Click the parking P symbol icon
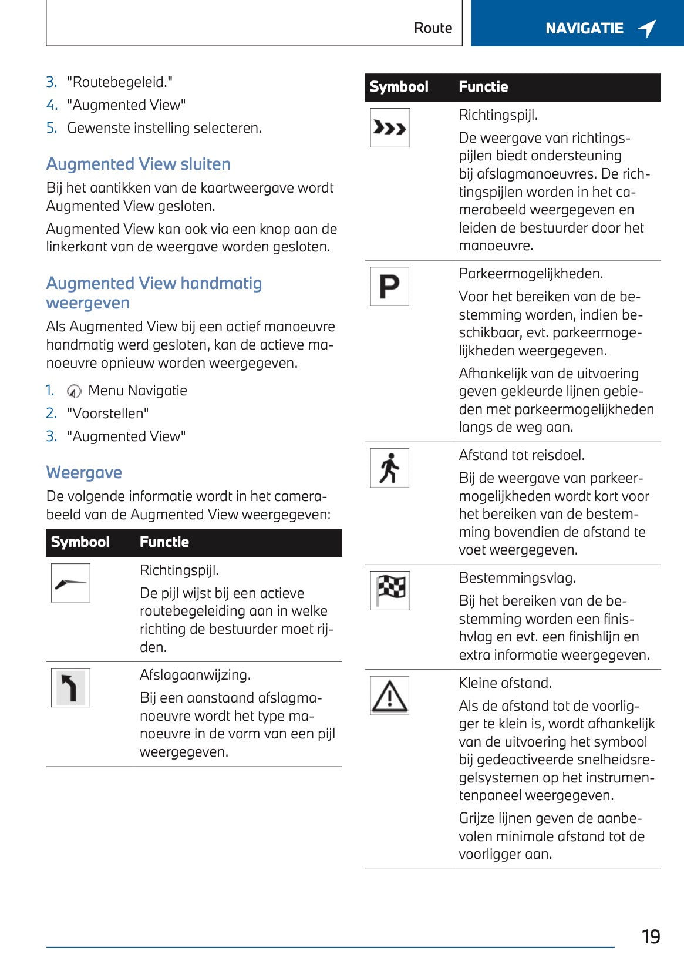pos(389,286)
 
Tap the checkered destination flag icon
pos(389,590)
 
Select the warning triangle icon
pos(389,696)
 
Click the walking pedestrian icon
pos(389,468)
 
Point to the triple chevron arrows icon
pos(389,127)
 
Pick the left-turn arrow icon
pos(70,687)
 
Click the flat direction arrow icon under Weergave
pos(70,583)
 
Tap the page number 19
pos(651,936)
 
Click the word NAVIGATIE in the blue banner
pos(584,28)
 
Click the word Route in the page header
pos(433,28)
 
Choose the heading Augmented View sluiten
pos(138,164)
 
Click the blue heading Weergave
pos(84,472)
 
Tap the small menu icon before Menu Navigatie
pos(74,391)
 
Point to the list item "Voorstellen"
pos(107,414)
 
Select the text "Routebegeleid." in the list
pos(119,82)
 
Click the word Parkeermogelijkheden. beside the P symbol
pos(531,274)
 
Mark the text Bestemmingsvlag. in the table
pos(517,578)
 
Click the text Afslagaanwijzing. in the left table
pos(195,675)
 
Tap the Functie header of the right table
pos(483,87)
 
